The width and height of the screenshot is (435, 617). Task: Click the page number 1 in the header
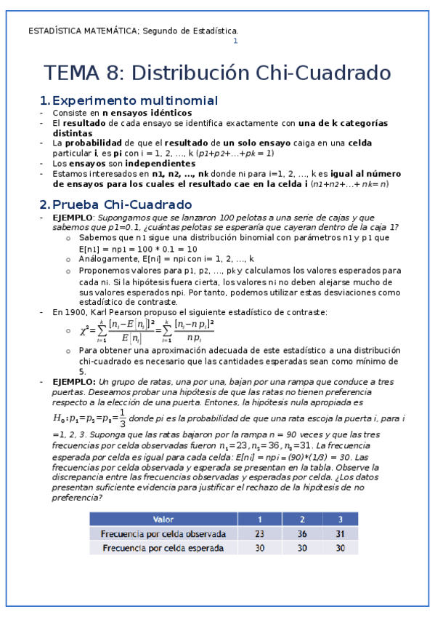tap(235, 41)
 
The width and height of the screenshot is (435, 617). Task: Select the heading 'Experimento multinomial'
tap(135, 100)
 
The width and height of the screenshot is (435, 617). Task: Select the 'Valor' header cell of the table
tap(163, 520)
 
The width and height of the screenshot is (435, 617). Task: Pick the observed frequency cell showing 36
tap(299, 533)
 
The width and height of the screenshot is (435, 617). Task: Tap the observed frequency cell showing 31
tap(338, 533)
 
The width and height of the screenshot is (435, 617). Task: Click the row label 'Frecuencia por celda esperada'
tap(163, 549)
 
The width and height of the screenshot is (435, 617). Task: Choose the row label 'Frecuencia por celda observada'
tap(163, 533)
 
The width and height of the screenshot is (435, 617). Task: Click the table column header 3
tap(338, 520)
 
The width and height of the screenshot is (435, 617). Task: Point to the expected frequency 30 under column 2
tap(299, 549)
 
